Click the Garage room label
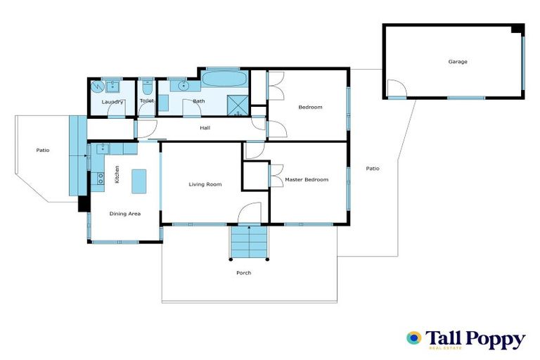point(458,62)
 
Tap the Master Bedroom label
point(307,180)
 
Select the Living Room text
point(205,184)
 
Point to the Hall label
point(205,128)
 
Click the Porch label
point(244,273)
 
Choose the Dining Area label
point(125,213)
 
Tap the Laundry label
point(112,103)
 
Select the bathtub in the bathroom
point(224,79)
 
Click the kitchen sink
point(103,148)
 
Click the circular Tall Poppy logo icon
point(413,338)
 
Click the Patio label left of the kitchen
point(44,150)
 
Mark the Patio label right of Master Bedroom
point(372,168)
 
